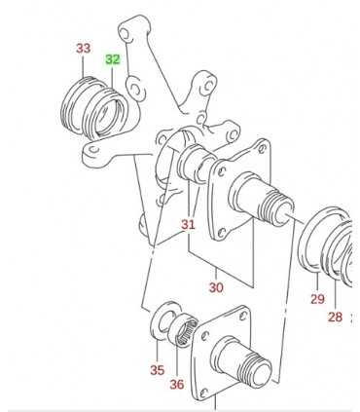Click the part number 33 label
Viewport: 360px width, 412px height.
84,49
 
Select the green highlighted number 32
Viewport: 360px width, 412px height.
113,59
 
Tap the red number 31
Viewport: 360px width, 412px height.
188,224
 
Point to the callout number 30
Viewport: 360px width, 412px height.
216,287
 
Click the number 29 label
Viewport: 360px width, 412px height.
317,299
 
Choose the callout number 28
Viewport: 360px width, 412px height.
335,317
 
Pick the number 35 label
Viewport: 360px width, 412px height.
158,370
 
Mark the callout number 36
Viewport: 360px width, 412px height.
177,385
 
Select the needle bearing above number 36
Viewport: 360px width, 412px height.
183,329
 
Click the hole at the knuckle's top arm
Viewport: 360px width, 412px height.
125,34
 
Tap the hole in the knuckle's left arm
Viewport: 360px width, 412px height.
94,150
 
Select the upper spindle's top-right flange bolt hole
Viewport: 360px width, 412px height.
262,149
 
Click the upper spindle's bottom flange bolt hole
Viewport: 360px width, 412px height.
221,232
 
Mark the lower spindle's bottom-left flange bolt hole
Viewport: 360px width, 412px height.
203,393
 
